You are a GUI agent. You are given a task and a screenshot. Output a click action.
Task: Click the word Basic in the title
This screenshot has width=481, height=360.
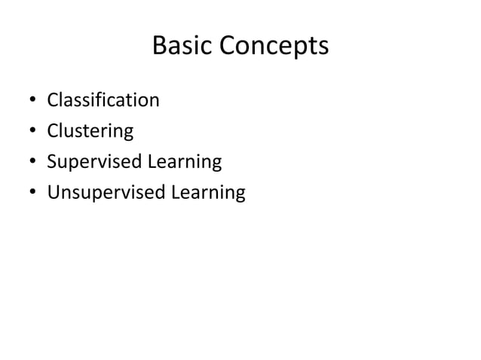click(x=183, y=47)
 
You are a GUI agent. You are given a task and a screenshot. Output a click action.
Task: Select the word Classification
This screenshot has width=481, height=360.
click(x=103, y=100)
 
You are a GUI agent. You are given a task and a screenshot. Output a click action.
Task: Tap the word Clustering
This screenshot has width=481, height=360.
click(x=90, y=132)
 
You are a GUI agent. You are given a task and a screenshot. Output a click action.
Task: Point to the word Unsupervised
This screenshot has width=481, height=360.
click(x=106, y=194)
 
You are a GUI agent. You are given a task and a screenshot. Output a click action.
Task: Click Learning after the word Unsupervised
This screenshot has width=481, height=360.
click(x=208, y=194)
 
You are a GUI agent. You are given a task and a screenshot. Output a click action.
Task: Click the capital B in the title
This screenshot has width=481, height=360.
click(x=160, y=47)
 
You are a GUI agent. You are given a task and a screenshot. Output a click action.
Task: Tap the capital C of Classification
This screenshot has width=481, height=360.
click(x=54, y=100)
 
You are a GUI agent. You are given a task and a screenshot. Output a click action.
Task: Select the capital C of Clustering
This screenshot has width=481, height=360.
click(x=54, y=131)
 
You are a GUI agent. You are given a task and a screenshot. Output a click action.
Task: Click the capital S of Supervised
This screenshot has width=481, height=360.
click(x=53, y=162)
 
